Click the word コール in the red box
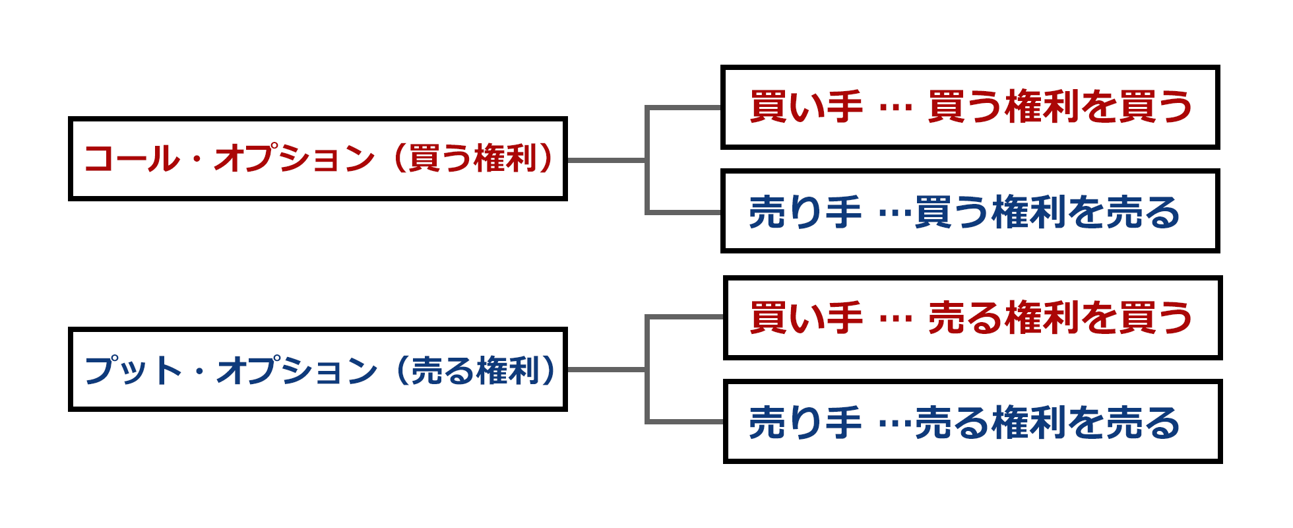(131, 159)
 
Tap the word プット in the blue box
(133, 370)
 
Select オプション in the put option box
(297, 370)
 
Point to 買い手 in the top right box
(806, 107)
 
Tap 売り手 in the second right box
(805, 213)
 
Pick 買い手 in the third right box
(806, 317)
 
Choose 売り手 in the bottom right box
(805, 423)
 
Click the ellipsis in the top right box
(896, 110)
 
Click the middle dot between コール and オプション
(197, 160)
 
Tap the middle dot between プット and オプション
(199, 372)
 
